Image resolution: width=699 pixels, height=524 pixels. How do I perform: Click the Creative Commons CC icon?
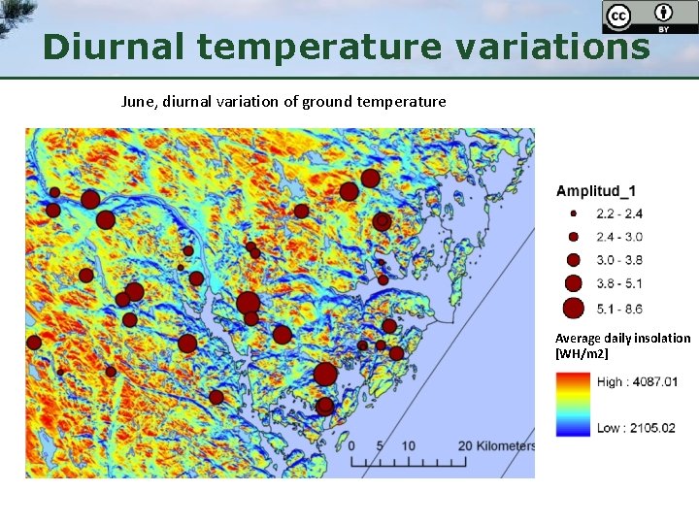tap(617, 16)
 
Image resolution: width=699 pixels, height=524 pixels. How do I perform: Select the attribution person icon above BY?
tap(664, 13)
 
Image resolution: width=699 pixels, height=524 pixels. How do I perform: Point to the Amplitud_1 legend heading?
tap(596, 191)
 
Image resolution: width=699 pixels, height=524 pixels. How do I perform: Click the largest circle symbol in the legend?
tap(573, 309)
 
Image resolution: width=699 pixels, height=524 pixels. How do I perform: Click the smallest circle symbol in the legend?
tap(573, 213)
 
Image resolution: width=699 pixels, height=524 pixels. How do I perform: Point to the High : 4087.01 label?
tap(637, 381)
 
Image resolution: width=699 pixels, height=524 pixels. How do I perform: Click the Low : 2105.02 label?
tap(636, 428)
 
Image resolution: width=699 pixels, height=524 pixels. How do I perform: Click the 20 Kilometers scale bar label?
tap(496, 446)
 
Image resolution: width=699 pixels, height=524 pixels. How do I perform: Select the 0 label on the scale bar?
tap(351, 446)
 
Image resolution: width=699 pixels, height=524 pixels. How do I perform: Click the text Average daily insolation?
tap(622, 339)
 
